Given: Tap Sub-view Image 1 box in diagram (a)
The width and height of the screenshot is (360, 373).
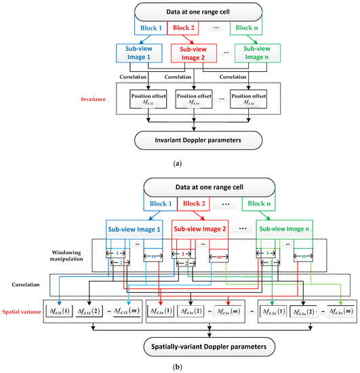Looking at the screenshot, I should [142, 55].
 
